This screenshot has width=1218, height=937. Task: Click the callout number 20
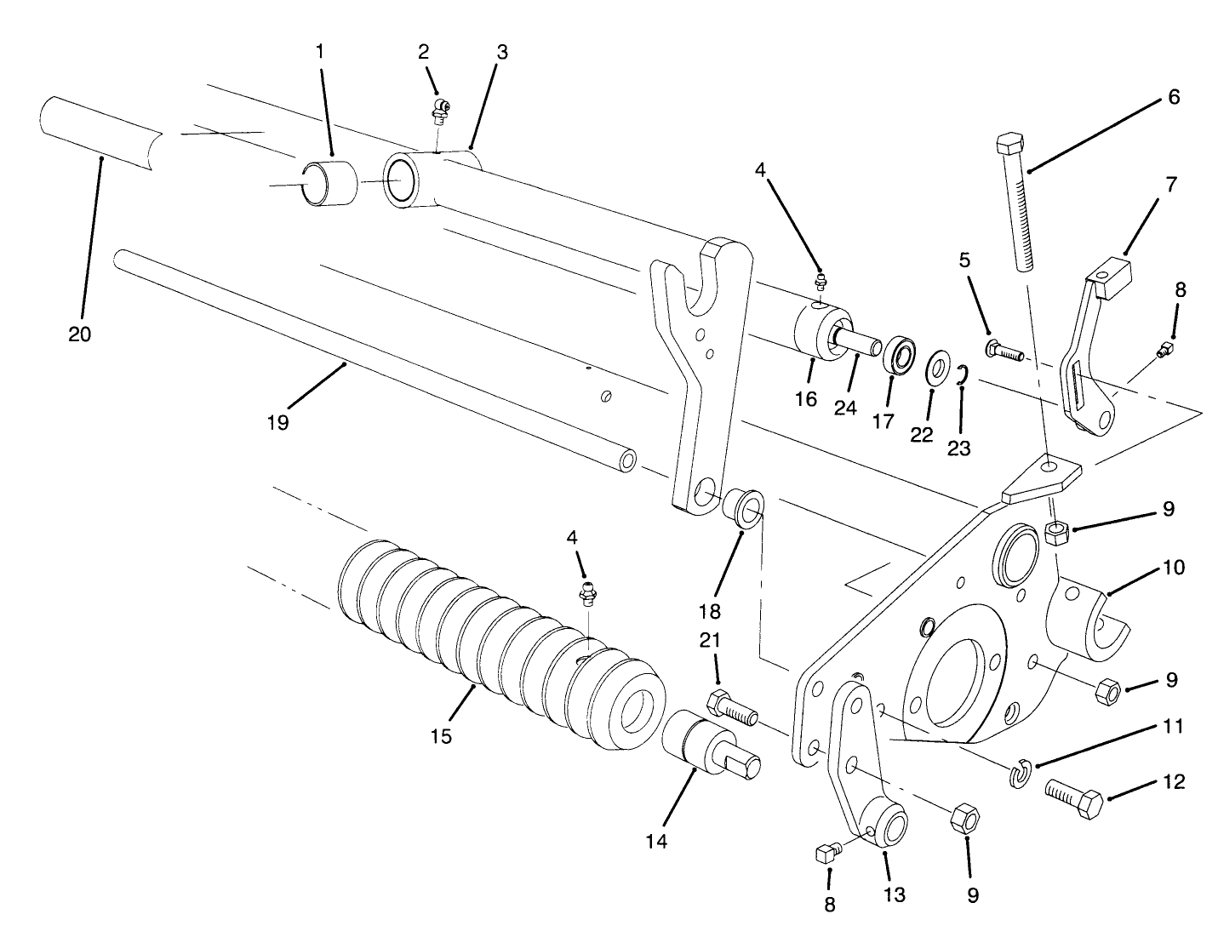[79, 334]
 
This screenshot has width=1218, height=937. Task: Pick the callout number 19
[277, 421]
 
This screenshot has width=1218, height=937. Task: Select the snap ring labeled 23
[960, 374]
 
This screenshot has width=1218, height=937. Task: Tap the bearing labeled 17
[897, 357]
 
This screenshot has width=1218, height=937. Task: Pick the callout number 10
[1173, 566]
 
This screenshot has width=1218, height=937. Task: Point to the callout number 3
[501, 52]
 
